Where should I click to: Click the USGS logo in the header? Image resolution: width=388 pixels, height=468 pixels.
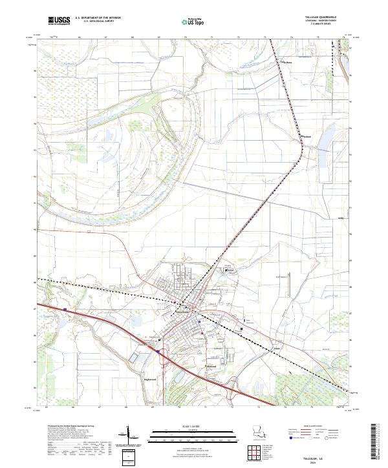[59, 21]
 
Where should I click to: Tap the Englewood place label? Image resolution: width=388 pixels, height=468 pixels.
[151, 369]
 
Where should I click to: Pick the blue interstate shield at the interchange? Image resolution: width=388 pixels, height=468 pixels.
[157, 352]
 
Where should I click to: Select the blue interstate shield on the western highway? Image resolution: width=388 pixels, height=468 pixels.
[65, 310]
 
